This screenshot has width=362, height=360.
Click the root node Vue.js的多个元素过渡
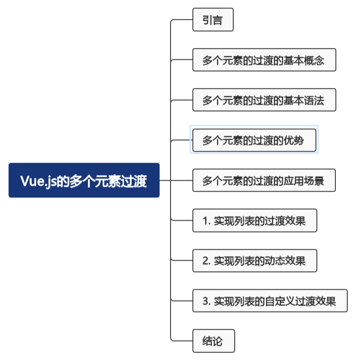pos(84,180)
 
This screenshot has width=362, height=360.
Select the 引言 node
pos(213,20)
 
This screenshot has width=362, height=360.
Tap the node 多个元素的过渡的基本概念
pos(264,60)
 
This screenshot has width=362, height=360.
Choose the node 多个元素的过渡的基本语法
pos(264,100)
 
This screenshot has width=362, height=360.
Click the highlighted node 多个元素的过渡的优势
pos(253,140)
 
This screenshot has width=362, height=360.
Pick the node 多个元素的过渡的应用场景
pos(264,181)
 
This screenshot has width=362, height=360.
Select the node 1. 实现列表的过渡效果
pos(254,221)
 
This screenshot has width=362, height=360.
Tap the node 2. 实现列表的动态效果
pos(254,261)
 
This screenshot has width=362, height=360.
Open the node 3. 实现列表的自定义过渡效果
pos(269,301)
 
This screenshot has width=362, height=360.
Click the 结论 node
pos(213,341)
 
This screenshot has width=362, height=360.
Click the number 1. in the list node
pos(206,221)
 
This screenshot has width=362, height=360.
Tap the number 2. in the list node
pos(206,261)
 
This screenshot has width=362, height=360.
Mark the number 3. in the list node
pos(206,301)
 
